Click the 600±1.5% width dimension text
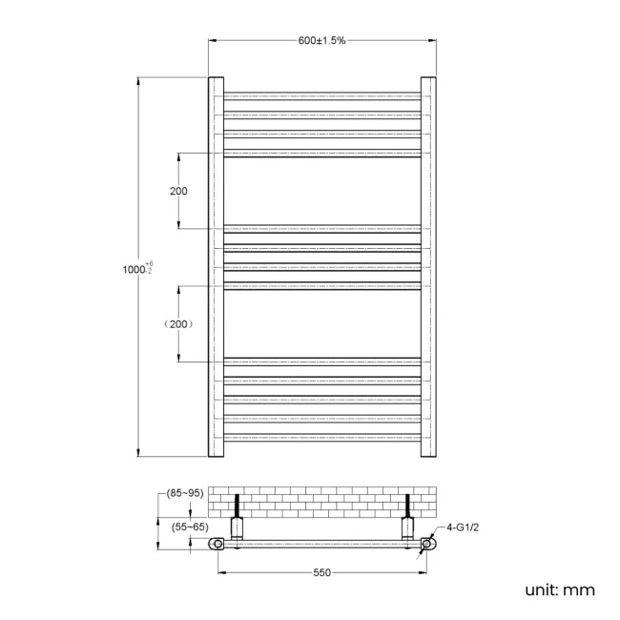(321, 41)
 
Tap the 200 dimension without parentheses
(178, 191)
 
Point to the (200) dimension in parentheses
(178, 324)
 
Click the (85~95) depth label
(184, 493)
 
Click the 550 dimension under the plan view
(321, 572)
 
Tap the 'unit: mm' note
(559, 590)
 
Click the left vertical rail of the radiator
(216, 267)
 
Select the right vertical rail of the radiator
(428, 267)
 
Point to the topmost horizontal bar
(321, 95)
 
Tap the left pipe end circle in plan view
(217, 545)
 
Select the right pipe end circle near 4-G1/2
(426, 545)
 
